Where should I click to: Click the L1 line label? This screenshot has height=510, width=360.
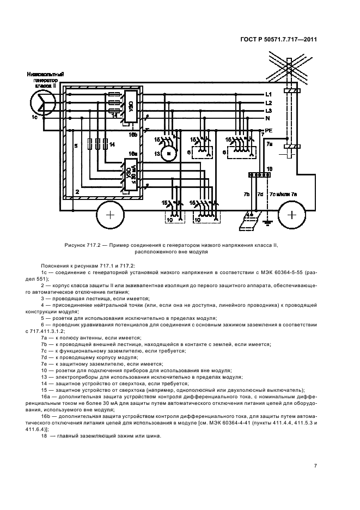tap(268, 94)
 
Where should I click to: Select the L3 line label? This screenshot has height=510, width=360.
tap(268, 111)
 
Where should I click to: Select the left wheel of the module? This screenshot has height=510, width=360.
tap(109, 215)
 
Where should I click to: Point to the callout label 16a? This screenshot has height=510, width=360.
tap(133, 154)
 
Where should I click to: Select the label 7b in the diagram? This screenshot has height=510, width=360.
tap(246, 195)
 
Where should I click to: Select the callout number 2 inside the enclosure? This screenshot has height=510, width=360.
tap(77, 192)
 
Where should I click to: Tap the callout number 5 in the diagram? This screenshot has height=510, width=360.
tap(76, 145)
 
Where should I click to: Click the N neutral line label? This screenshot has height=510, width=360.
tap(267, 118)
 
